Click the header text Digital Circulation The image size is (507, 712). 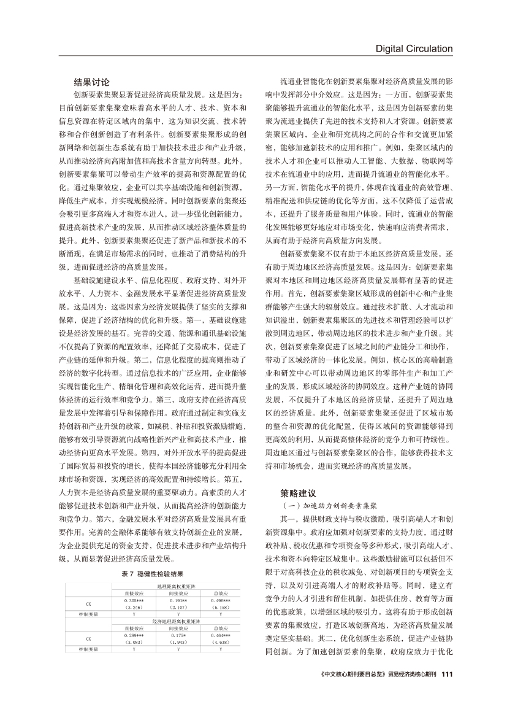click(414, 49)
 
